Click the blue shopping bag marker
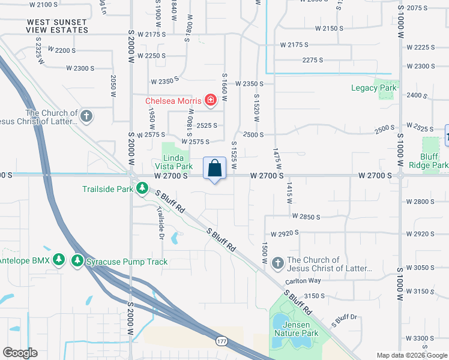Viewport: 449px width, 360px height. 214,169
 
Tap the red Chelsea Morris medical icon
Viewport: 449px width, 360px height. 211,100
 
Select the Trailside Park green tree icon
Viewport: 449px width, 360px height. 142,189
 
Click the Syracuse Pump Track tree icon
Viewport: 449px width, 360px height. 77,261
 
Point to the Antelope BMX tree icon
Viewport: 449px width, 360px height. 58,260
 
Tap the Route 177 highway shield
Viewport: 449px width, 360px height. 221,341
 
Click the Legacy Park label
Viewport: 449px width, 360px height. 374,88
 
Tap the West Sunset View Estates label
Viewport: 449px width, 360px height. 57,26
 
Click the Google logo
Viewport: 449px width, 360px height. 20,352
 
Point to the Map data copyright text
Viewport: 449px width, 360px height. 412,355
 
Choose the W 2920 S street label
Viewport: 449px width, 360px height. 285,233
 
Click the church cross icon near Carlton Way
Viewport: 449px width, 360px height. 277,263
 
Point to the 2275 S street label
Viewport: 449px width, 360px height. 313,60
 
